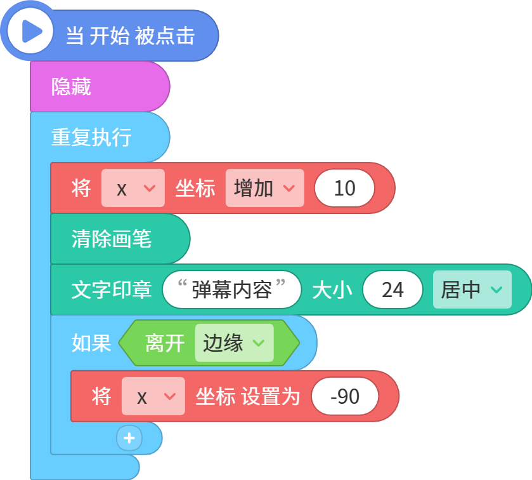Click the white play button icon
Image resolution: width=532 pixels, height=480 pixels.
30,32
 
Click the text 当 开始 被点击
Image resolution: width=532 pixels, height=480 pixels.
130,36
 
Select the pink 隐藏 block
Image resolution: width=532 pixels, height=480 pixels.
100,86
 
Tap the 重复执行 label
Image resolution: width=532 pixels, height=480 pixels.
91,137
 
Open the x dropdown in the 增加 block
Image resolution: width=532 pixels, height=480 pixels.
133,188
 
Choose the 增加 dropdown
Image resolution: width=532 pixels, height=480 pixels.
264,188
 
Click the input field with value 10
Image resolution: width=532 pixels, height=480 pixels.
344,188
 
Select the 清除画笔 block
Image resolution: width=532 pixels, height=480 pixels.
120,239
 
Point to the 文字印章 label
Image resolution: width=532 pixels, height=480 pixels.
112,290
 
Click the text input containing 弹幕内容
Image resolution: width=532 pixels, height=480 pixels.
231,290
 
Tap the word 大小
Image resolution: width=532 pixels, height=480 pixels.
332,290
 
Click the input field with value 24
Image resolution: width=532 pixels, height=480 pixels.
393,290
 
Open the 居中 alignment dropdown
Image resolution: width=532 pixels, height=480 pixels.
472,290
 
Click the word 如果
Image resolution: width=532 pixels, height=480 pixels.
91,343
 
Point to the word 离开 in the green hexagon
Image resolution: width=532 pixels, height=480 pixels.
165,343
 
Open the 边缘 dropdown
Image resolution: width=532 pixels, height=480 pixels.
235,343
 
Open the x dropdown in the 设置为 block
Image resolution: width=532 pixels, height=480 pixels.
153,396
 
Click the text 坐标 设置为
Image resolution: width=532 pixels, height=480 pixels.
248,396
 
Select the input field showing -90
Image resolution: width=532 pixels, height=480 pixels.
345,396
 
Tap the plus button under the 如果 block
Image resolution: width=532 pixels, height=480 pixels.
129,438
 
